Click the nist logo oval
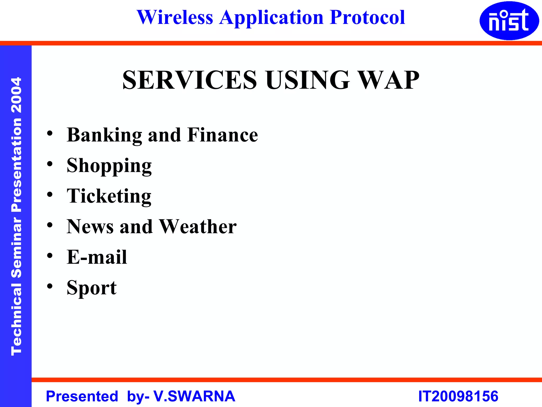(x=509, y=21)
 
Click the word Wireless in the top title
(x=175, y=17)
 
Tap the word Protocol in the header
(x=367, y=17)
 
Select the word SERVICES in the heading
(x=189, y=80)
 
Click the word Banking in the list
(x=104, y=135)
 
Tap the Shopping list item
(x=109, y=166)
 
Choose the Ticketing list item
(x=109, y=196)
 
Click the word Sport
(x=92, y=288)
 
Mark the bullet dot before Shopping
(x=50, y=164)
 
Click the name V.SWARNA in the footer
(x=194, y=396)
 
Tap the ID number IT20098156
(x=458, y=396)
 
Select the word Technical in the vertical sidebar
(x=16, y=319)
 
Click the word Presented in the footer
(x=82, y=396)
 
